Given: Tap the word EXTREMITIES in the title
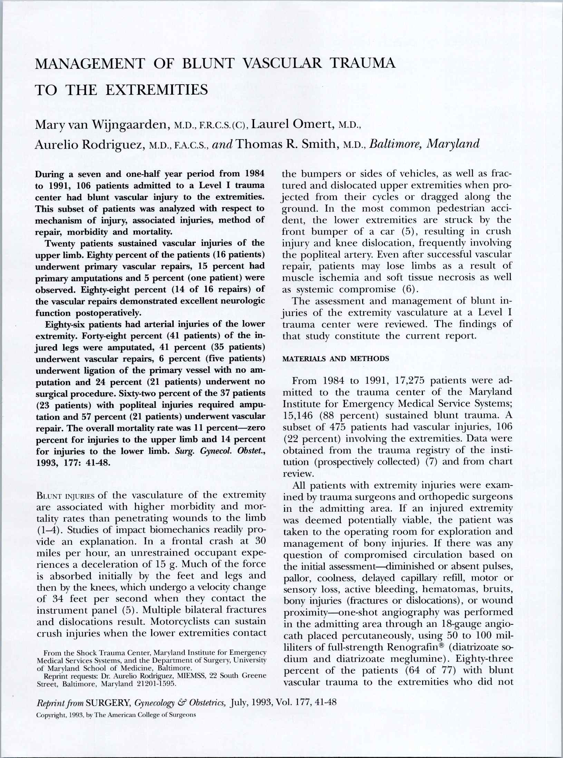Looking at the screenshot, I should (156, 90).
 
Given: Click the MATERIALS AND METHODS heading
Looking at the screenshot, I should (336, 358).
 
